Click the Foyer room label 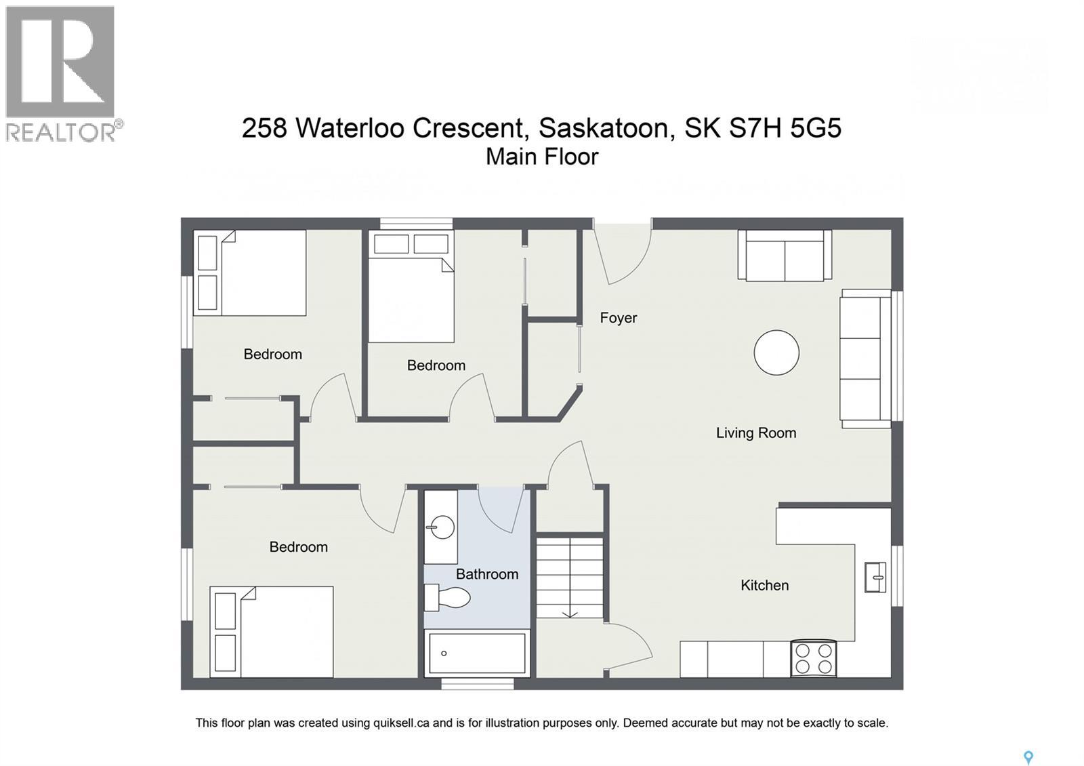click(x=618, y=318)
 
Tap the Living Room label click(x=755, y=433)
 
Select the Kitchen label click(x=764, y=586)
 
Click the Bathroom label click(x=486, y=574)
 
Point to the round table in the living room click(x=776, y=352)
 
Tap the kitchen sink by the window click(x=875, y=578)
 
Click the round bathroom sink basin click(x=442, y=527)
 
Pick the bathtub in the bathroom click(x=476, y=653)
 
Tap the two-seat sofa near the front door click(x=785, y=256)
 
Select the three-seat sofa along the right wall click(x=865, y=359)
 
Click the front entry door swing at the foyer click(x=623, y=254)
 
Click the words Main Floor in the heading click(x=542, y=157)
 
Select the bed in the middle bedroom click(x=411, y=298)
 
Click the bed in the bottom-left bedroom click(x=272, y=632)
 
